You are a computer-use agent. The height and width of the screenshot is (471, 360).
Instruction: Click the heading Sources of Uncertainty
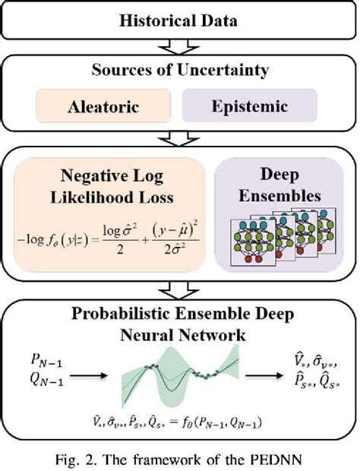(179, 71)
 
